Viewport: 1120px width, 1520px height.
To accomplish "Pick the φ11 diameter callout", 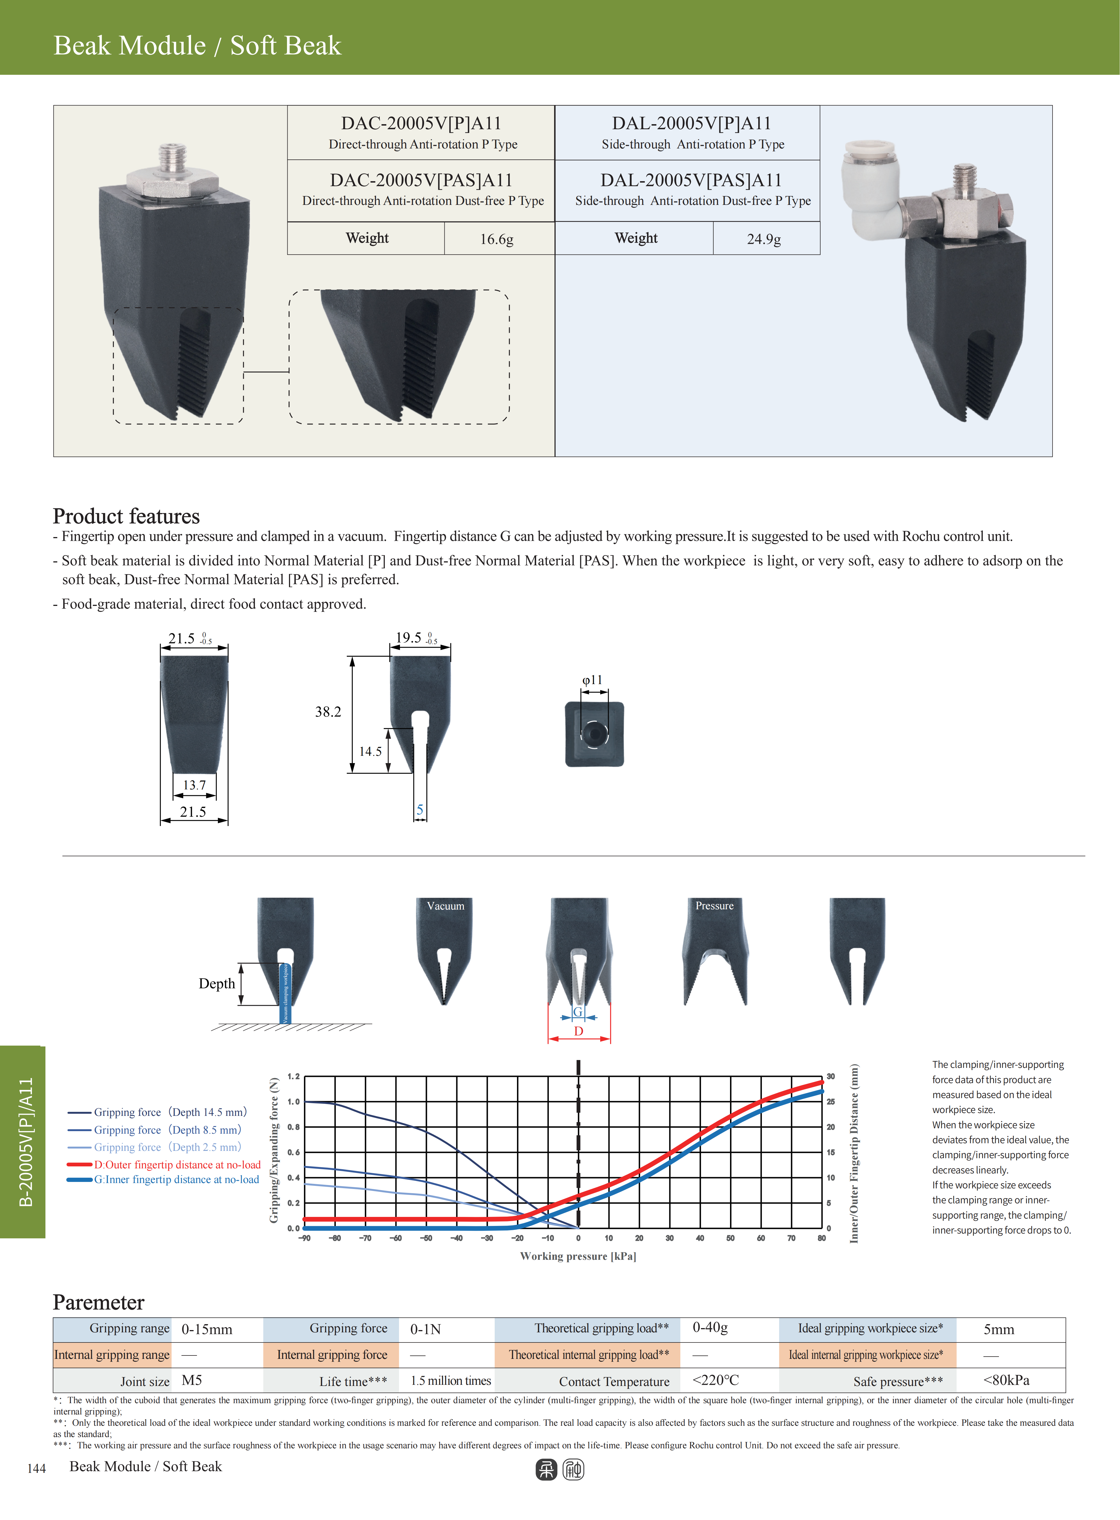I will (x=592, y=680).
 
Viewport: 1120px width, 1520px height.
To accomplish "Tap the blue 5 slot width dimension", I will (x=420, y=809).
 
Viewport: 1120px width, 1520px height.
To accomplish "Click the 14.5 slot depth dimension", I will (x=370, y=751).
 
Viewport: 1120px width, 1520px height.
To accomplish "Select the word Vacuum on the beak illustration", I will (x=445, y=906).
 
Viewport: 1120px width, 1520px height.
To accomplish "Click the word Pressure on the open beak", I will (x=714, y=906).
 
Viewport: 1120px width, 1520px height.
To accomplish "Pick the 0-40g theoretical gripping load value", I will (x=710, y=1328).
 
